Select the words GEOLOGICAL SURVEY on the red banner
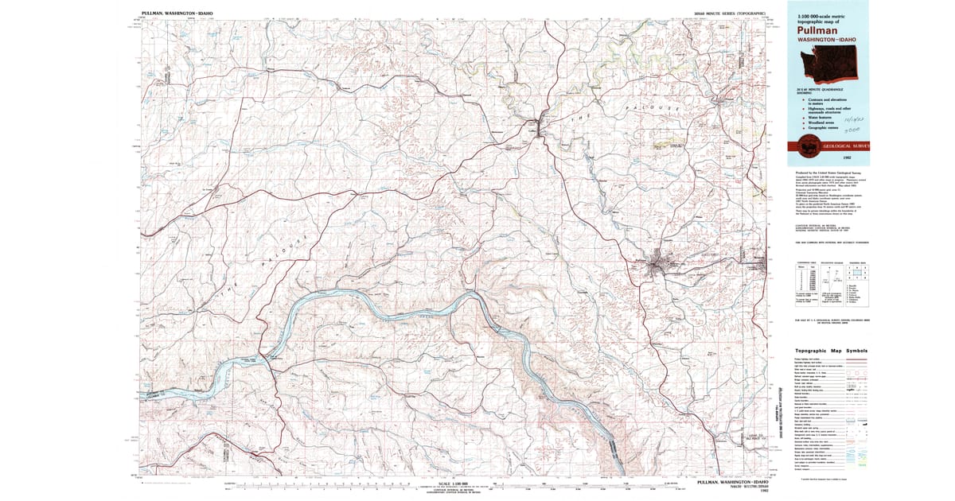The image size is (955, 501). click(847, 146)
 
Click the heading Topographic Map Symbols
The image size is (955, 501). click(828, 351)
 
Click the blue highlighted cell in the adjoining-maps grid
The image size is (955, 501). click(859, 274)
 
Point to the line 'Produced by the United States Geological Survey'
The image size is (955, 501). click(828, 173)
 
